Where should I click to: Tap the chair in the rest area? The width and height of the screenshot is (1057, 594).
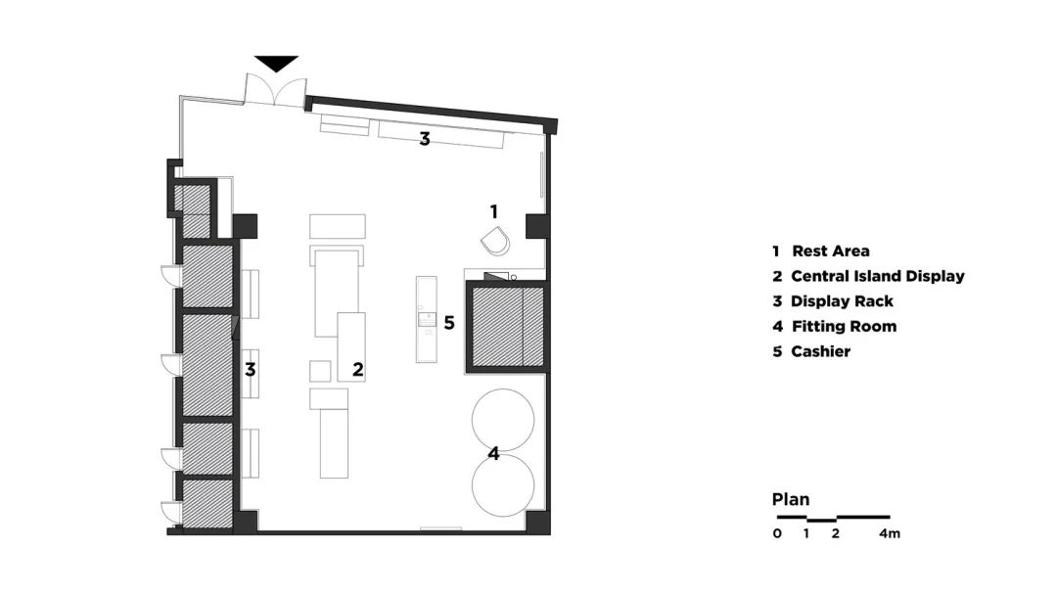[x=495, y=242]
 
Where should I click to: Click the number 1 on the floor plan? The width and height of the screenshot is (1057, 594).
[x=494, y=211]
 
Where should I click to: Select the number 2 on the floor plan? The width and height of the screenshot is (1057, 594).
[x=358, y=370]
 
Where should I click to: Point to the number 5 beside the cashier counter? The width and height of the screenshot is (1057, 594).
[x=449, y=323]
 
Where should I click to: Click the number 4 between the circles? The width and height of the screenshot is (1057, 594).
[x=493, y=454]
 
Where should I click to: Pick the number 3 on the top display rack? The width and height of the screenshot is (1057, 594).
[x=425, y=139]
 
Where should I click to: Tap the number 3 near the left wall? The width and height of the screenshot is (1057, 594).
[x=251, y=370]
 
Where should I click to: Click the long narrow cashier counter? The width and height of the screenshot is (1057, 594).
[x=426, y=319]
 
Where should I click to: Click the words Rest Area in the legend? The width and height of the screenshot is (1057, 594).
[x=831, y=251]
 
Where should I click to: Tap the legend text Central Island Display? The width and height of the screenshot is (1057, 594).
[x=878, y=276]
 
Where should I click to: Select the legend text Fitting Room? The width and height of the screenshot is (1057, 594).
[x=844, y=326]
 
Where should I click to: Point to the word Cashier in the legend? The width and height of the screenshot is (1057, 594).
[x=820, y=351]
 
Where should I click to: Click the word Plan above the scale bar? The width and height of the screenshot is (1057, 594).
[x=791, y=500]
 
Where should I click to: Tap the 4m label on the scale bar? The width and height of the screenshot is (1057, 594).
[x=890, y=533]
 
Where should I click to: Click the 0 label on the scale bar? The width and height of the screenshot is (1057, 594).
[x=777, y=533]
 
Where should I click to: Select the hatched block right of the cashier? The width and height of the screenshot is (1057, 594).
[x=507, y=327]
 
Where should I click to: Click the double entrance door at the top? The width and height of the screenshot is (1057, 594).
[x=275, y=89]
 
